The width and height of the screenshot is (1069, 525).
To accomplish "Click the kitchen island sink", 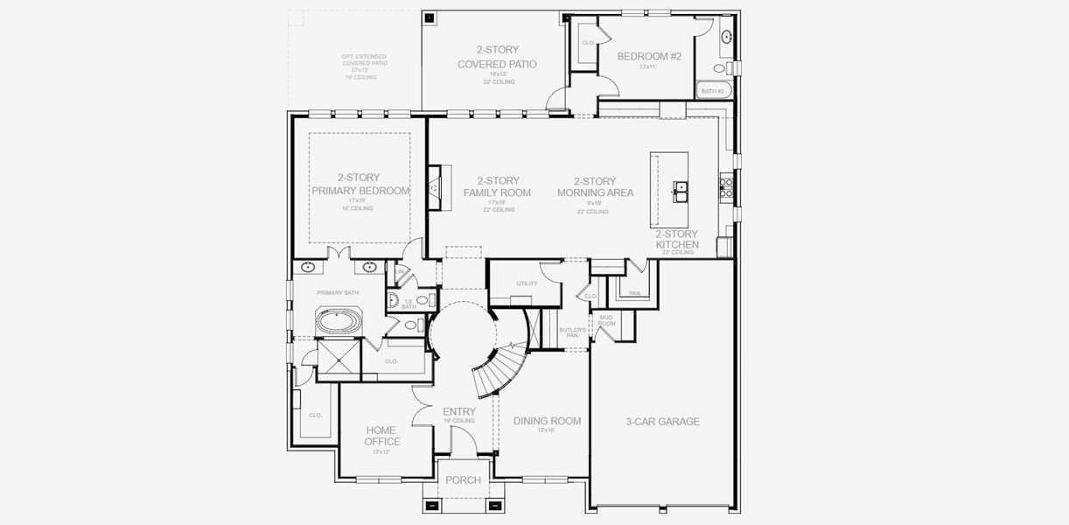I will click(680, 189).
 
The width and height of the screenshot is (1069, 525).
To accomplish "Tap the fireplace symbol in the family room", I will click(435, 186).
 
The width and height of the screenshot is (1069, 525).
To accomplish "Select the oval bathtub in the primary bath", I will click(338, 322).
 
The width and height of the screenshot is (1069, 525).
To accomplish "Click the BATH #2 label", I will click(713, 91).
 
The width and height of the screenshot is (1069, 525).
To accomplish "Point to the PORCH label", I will click(463, 480).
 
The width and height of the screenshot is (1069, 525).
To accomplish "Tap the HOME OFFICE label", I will click(381, 436).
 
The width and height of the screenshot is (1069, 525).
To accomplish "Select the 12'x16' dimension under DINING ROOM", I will click(547, 430).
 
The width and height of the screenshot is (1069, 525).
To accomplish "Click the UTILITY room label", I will click(527, 283).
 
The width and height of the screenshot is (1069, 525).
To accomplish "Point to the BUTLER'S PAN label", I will click(572, 332).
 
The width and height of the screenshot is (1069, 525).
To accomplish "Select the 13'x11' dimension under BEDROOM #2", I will click(648, 67).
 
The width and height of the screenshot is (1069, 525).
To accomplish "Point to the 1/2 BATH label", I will click(408, 304).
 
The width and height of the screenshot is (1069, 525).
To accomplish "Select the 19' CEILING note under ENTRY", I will click(459, 421).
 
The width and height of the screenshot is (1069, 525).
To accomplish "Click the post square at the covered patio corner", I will click(429, 17).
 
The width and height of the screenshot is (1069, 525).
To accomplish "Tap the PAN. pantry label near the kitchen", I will click(634, 293).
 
